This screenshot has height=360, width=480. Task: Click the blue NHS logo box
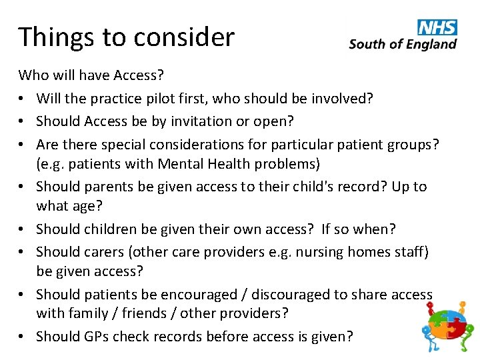pyautogui.click(x=437, y=27)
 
